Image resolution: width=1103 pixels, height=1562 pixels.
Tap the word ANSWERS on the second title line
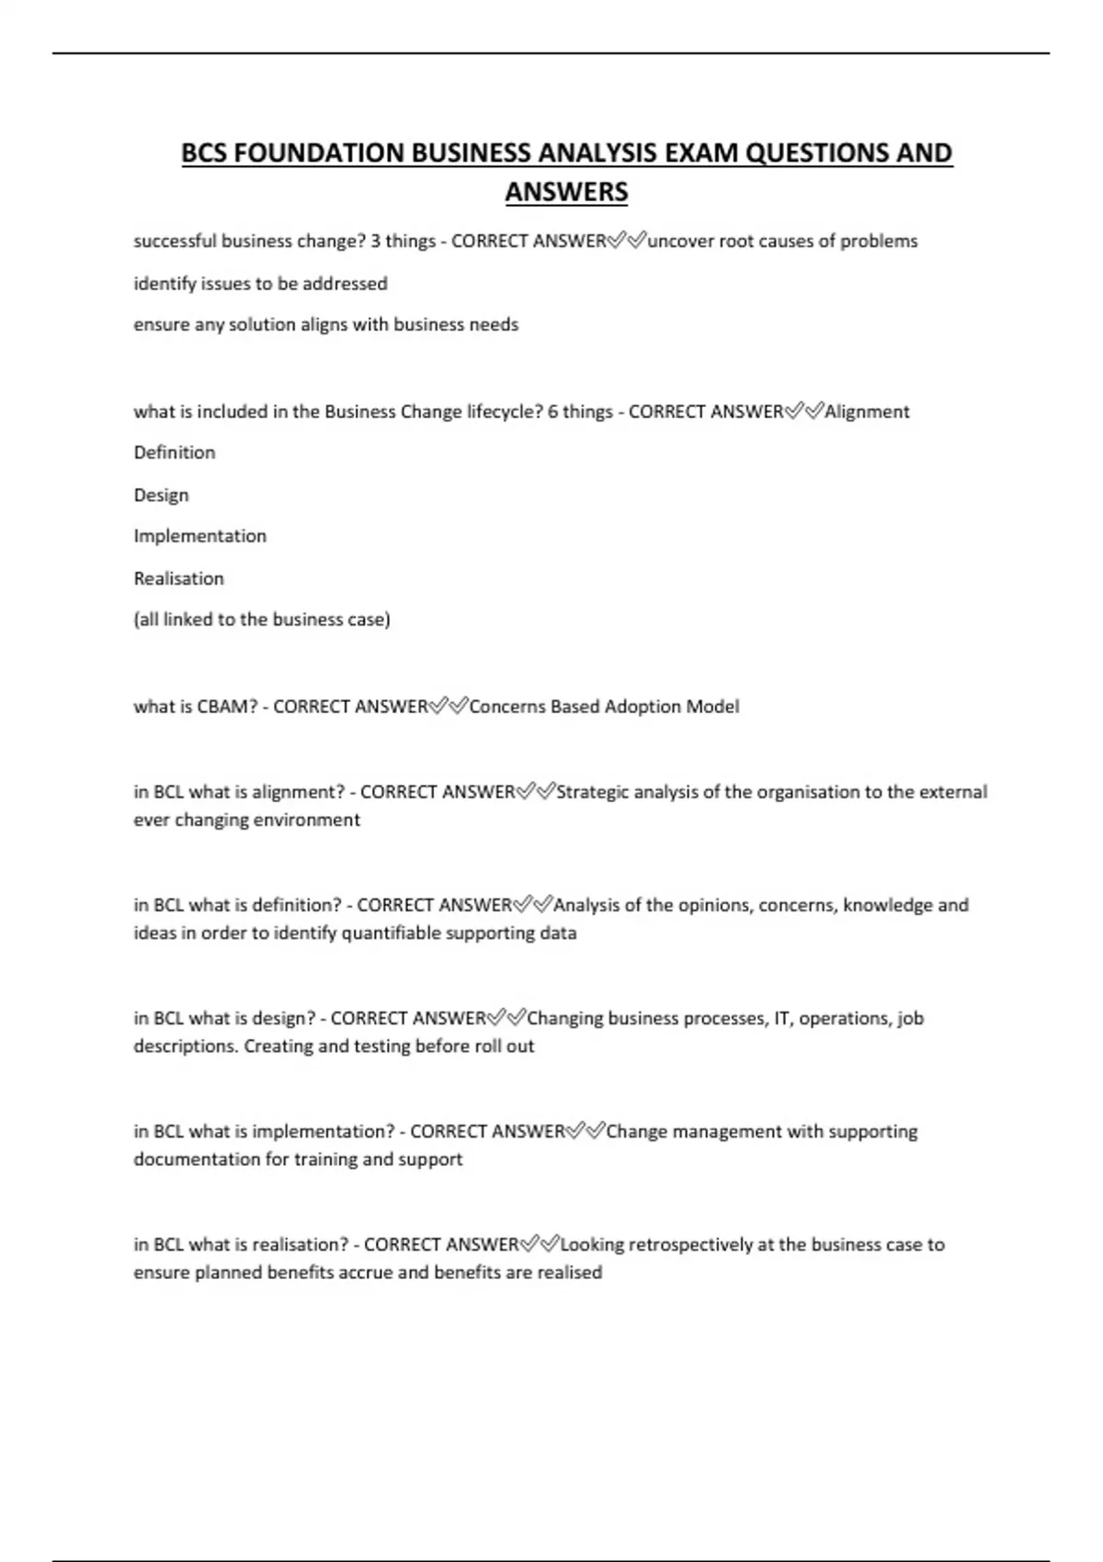tap(566, 192)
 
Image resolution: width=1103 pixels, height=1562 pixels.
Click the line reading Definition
tap(175, 452)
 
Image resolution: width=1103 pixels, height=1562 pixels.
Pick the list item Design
tap(161, 494)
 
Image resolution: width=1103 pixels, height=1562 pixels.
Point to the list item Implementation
tap(199, 536)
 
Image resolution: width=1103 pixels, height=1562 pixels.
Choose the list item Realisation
tap(178, 578)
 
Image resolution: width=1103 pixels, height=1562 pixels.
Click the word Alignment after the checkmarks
tap(867, 412)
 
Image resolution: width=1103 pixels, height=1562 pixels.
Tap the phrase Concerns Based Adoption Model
tap(604, 707)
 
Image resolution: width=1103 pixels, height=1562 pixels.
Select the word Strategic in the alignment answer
tap(592, 792)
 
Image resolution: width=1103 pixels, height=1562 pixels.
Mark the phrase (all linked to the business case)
tap(262, 619)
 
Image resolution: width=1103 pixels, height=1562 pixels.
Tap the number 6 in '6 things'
tap(552, 412)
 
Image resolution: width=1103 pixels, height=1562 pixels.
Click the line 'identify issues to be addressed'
tap(260, 283)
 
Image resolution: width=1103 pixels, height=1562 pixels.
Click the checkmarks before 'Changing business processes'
tap(506, 1018)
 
